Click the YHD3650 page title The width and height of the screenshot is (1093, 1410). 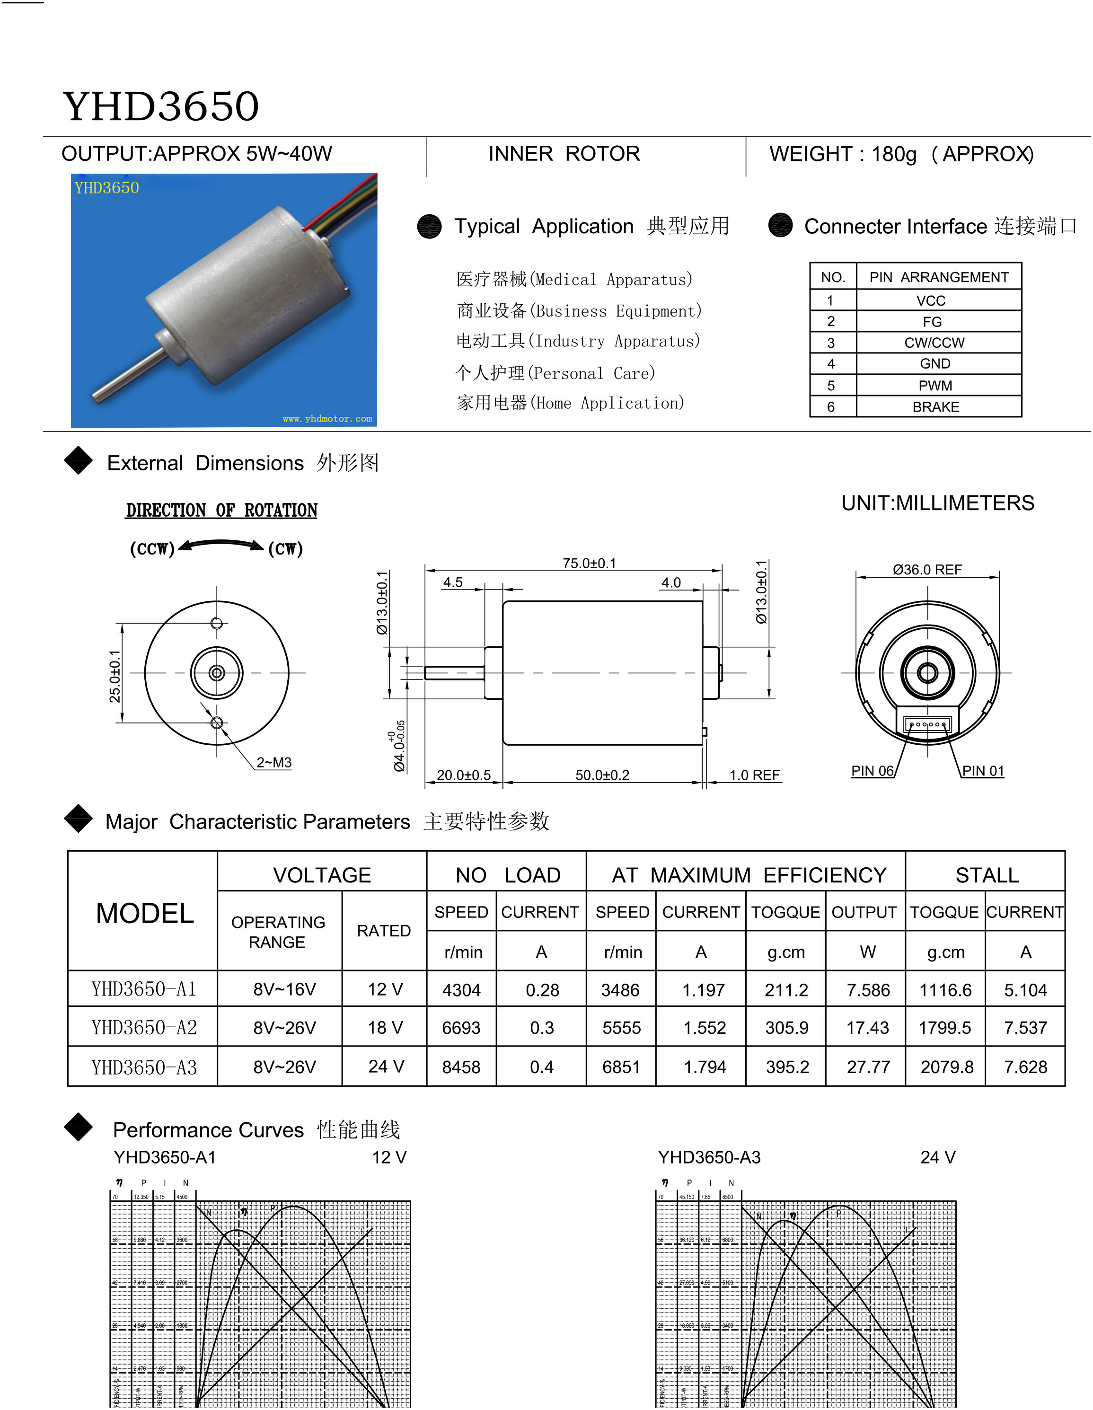[x=161, y=106]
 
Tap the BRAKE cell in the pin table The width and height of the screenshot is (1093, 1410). [x=935, y=407]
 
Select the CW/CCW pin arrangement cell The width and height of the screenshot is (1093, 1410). [x=934, y=342]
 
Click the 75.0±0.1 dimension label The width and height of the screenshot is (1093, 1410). [x=589, y=563]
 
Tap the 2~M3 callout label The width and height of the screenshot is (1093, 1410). [x=274, y=762]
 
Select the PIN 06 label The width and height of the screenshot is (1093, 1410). [x=872, y=771]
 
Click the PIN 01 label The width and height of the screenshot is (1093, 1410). [x=983, y=771]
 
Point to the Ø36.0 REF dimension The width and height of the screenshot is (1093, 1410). [x=927, y=569]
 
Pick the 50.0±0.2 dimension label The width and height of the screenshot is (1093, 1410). [x=602, y=775]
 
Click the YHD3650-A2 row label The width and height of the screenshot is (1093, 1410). [x=143, y=1027]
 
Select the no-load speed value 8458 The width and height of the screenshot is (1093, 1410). [x=461, y=1067]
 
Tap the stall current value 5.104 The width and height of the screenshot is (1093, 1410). [x=1024, y=990]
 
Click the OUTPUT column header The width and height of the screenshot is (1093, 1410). [x=864, y=912]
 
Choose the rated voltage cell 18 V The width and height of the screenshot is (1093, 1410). [x=385, y=1027]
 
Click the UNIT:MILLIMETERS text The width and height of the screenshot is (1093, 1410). [x=937, y=503]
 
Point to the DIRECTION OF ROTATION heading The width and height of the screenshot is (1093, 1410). [x=221, y=511]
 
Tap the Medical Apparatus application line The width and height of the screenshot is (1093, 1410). [x=574, y=280]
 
